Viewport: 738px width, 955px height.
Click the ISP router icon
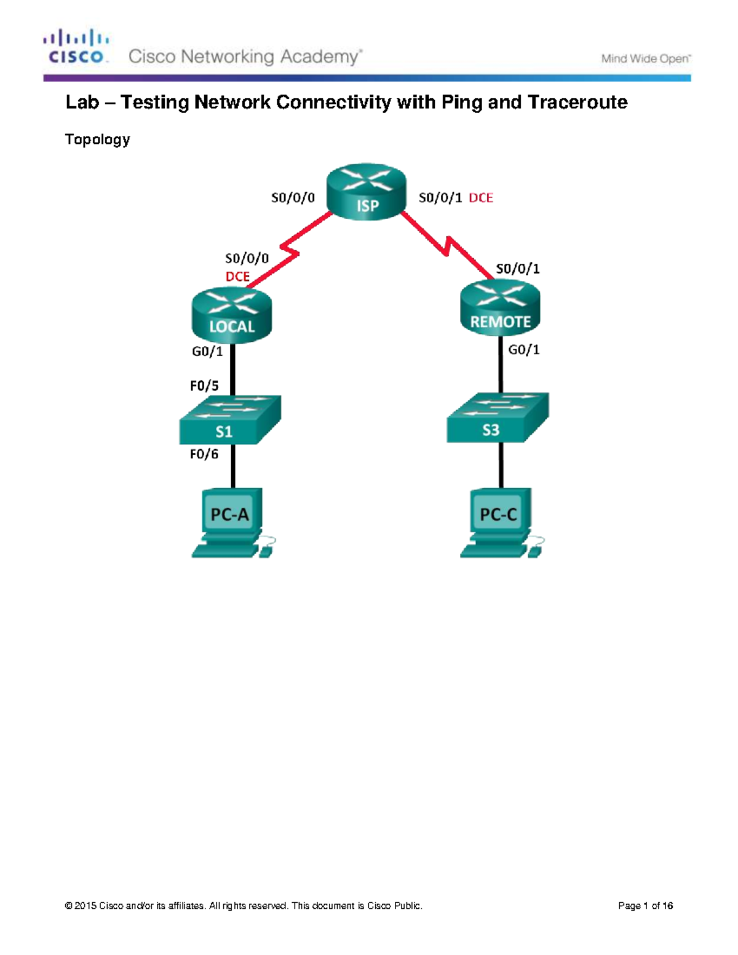(x=367, y=191)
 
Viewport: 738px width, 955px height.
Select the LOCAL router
(x=231, y=315)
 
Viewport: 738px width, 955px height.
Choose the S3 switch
(x=497, y=418)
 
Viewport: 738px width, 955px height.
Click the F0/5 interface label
(x=204, y=386)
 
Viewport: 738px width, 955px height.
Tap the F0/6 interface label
(x=204, y=454)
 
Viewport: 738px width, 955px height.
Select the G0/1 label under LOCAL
(x=207, y=351)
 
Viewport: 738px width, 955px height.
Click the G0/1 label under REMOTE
(x=524, y=349)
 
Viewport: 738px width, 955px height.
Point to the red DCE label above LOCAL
(x=237, y=277)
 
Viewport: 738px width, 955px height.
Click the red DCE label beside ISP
(x=481, y=197)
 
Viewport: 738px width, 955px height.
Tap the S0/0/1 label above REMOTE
(x=518, y=268)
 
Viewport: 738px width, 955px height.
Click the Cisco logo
(x=77, y=46)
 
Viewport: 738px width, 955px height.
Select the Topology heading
(x=97, y=139)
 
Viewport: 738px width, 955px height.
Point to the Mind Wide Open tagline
(x=646, y=58)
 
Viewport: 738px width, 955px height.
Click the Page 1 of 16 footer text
(x=645, y=905)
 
